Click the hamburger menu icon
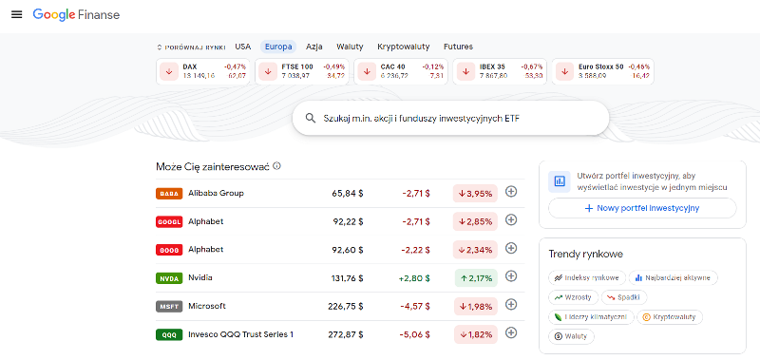click(x=16, y=15)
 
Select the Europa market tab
click(x=278, y=47)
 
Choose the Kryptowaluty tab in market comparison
click(x=403, y=47)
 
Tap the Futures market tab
click(x=457, y=47)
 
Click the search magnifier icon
click(x=310, y=119)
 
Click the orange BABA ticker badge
click(x=168, y=194)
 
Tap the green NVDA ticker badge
click(x=168, y=278)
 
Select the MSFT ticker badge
click(x=168, y=307)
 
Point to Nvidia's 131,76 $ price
click(x=346, y=278)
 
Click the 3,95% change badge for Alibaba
click(x=475, y=194)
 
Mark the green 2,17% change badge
click(x=475, y=278)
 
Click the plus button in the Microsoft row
click(x=510, y=305)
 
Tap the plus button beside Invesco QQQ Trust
click(x=510, y=333)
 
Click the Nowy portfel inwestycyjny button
click(x=642, y=208)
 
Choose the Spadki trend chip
click(x=624, y=297)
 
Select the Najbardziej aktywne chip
click(x=674, y=277)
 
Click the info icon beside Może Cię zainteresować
click(x=276, y=166)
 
